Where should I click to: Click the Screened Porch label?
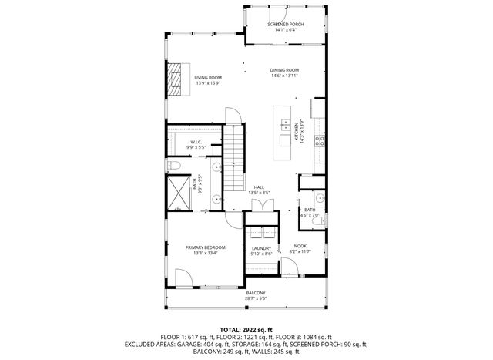pos(285,25)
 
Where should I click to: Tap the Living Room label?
pos(207,78)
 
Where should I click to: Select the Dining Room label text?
pos(284,70)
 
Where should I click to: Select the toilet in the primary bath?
pos(174,166)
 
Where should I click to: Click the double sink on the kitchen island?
pos(287,126)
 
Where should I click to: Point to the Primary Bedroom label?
pos(205,247)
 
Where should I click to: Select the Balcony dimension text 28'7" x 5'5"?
pos(256,298)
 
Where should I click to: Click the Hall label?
pos(260,187)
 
